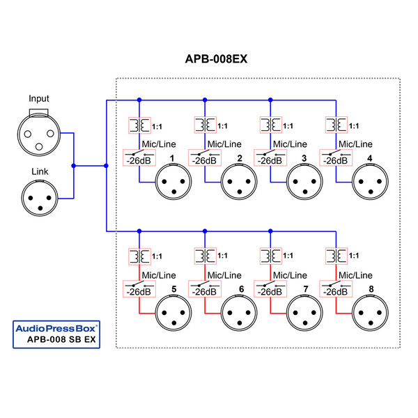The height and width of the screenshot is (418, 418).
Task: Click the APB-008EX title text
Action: click(216, 59)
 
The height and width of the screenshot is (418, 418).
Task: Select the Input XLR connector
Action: click(39, 132)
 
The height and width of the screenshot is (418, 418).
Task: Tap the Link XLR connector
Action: click(39, 197)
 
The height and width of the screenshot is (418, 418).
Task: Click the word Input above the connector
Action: click(39, 98)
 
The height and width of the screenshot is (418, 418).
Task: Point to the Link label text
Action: click(39, 171)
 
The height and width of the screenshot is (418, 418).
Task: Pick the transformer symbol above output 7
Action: click(270, 256)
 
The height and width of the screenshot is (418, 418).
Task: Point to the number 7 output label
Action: click(306, 289)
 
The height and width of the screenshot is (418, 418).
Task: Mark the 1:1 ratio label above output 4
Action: click(354, 126)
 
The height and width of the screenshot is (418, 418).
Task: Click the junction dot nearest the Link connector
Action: click(73, 166)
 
